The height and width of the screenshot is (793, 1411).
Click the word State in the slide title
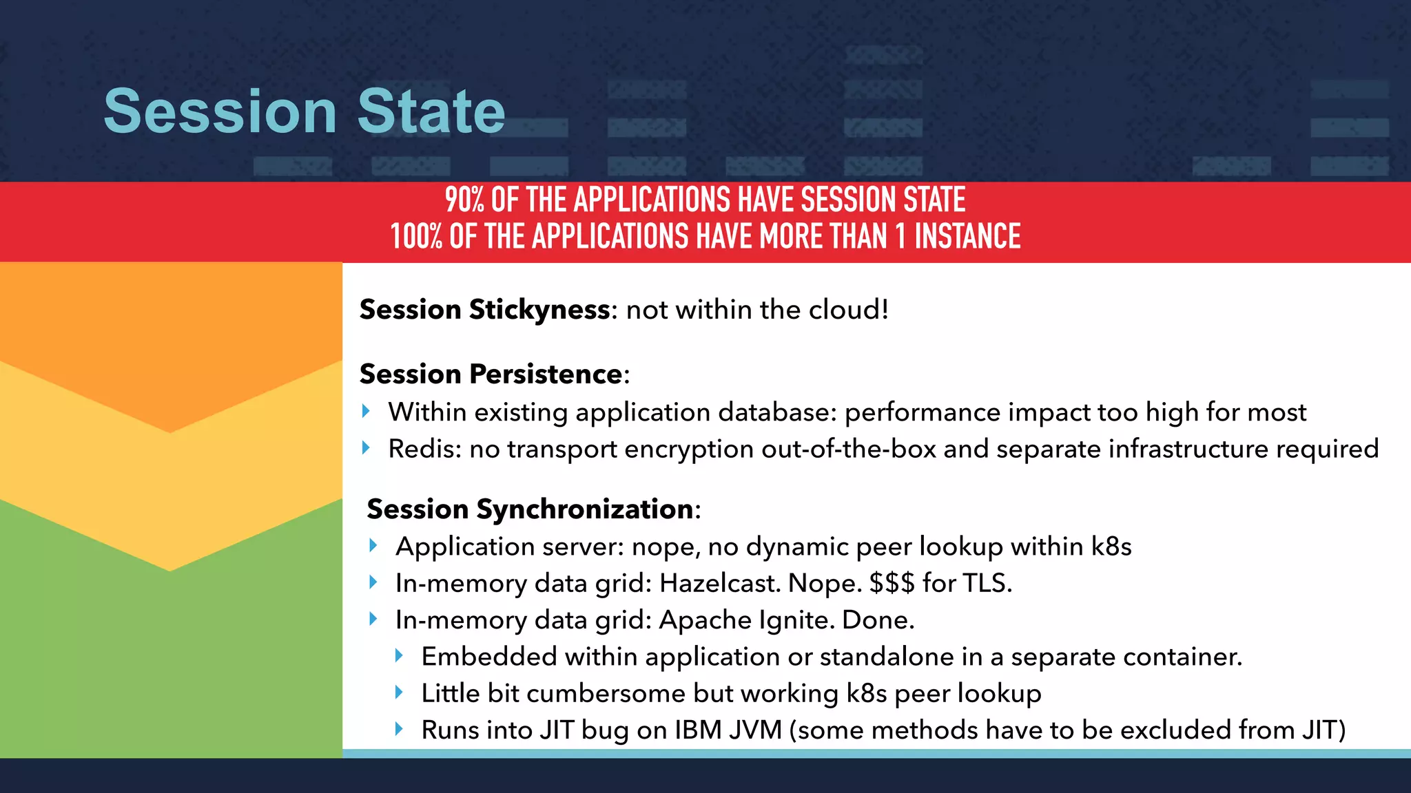(431, 112)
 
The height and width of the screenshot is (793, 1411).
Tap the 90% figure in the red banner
(464, 200)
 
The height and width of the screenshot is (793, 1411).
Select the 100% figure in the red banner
(415, 237)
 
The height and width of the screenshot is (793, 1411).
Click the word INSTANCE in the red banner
(967, 237)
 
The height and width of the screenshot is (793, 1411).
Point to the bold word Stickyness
(539, 310)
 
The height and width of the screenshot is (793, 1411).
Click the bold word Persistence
(546, 374)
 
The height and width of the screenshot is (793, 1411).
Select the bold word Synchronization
(584, 509)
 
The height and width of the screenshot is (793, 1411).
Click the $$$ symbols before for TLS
(892, 584)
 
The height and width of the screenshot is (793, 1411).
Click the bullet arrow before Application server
(373, 546)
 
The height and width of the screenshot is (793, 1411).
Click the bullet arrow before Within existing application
(366, 412)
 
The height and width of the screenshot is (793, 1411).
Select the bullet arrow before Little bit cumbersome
(399, 692)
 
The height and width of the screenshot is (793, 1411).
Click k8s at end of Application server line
(1111, 547)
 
